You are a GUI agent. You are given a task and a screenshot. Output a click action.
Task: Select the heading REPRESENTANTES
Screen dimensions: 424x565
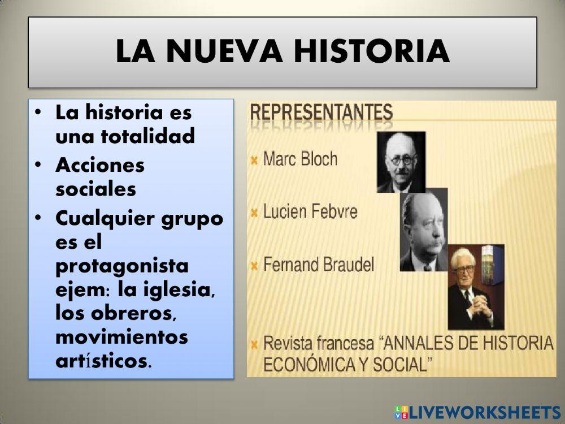coord(321,111)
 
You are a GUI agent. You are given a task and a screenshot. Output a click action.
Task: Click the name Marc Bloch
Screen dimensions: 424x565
coord(301,159)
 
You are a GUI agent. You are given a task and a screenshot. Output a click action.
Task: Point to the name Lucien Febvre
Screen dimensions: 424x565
coord(310,213)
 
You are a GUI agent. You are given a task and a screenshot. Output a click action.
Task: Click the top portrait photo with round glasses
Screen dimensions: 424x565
coord(401,162)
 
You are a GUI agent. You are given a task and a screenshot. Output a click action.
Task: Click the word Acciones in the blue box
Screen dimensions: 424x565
coord(100,165)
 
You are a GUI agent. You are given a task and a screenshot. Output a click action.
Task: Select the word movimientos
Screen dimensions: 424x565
coord(121,338)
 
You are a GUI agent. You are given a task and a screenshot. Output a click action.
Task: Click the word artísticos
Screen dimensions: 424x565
coord(103,362)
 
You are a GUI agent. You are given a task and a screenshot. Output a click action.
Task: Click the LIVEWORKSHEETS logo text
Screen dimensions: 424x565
coord(484,412)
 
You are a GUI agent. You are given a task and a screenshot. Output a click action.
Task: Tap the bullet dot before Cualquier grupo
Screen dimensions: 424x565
coord(37,218)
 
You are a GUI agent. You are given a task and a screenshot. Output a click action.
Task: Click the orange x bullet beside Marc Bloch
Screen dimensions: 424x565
coord(255,160)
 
